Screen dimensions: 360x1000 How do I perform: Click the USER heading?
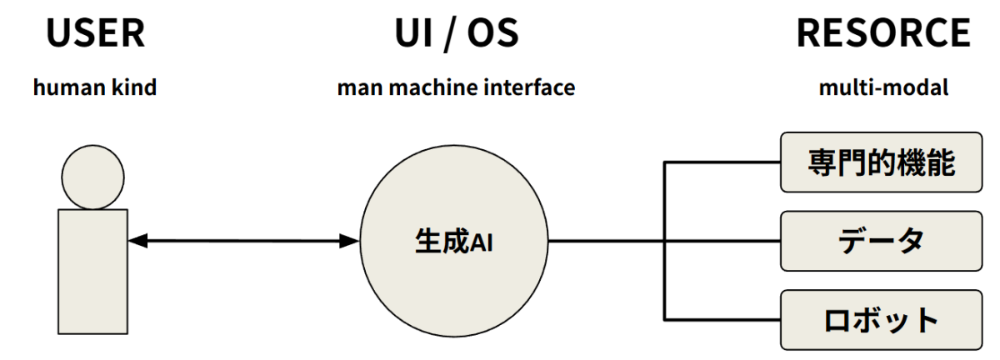point(94,32)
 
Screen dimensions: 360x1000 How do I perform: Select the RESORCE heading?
point(883,32)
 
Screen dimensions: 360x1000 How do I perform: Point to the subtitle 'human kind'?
point(94,87)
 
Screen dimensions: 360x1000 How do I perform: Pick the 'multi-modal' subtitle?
point(883,87)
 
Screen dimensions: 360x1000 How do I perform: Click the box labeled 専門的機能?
point(881,162)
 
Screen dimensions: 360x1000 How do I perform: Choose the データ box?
point(881,241)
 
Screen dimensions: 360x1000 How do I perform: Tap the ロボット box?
point(881,320)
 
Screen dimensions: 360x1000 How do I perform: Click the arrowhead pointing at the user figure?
point(137,242)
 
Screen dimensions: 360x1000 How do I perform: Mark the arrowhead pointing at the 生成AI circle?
point(351,242)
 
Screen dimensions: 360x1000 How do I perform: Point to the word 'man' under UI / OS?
point(356,87)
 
